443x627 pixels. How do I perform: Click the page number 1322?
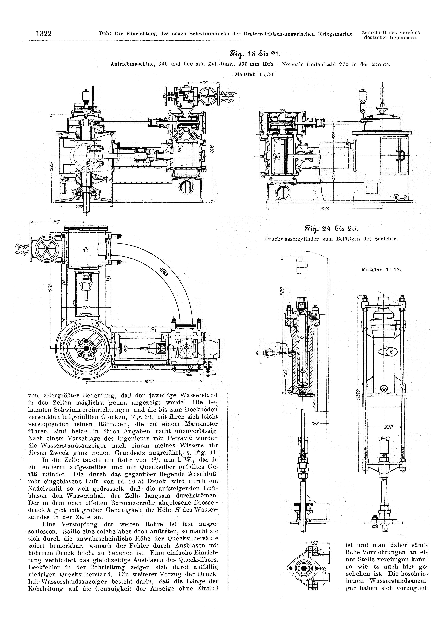pos(44,34)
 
